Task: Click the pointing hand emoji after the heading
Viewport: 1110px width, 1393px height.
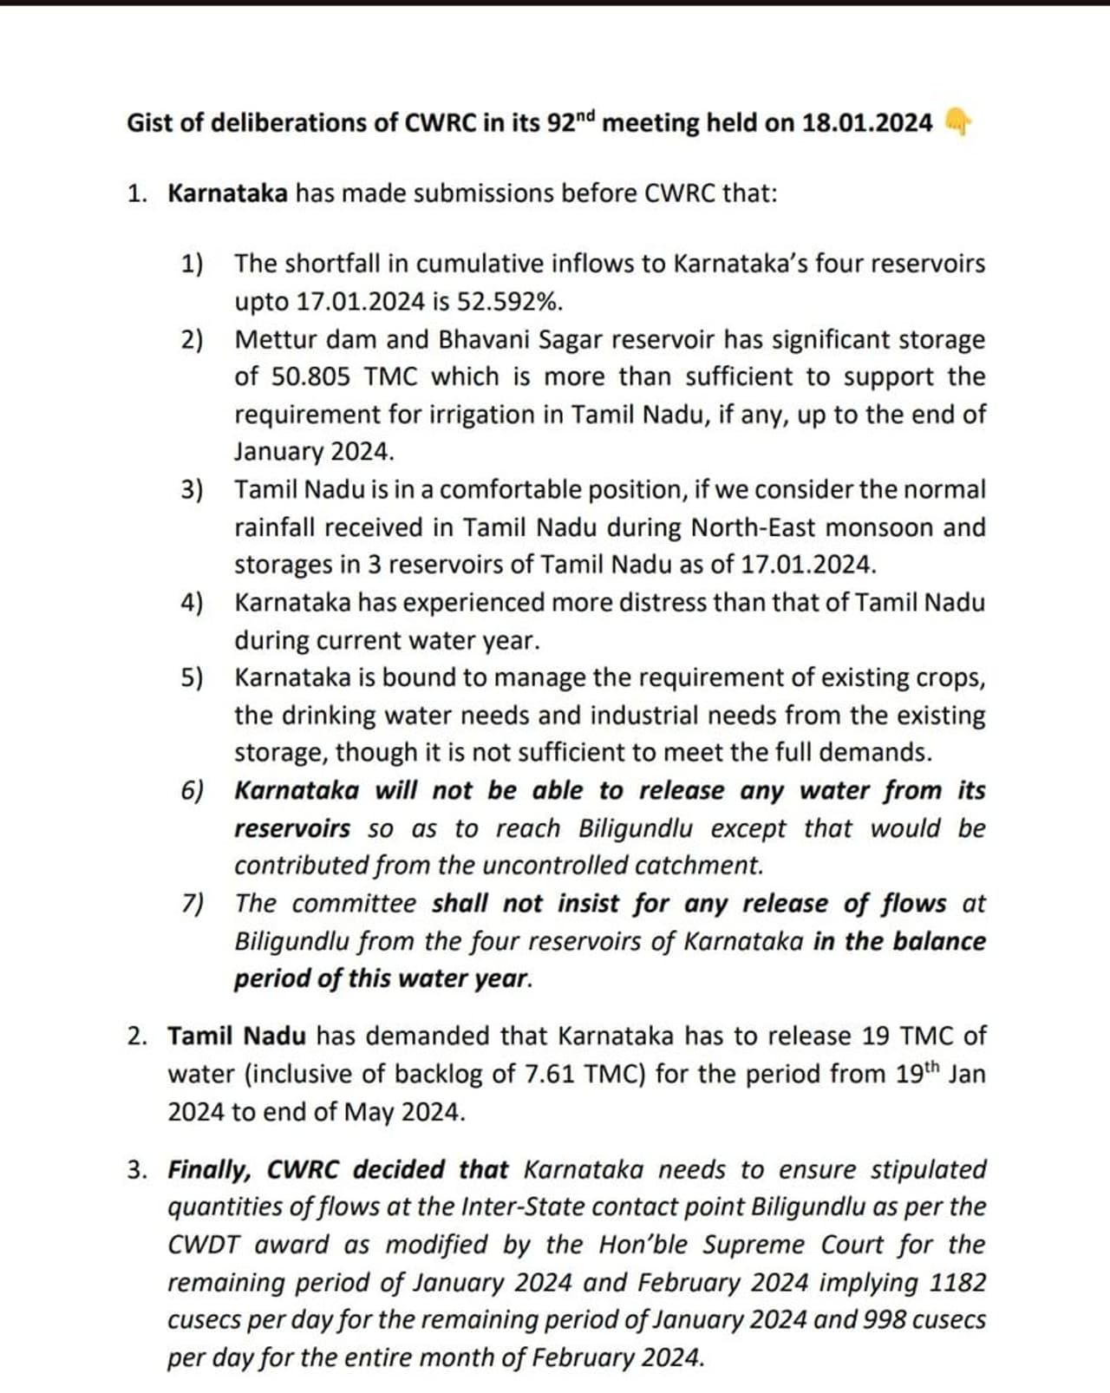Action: (x=956, y=123)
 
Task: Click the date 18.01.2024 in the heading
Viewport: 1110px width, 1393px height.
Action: (x=866, y=123)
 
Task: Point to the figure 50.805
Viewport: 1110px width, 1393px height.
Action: (x=310, y=377)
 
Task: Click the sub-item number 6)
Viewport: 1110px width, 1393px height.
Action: (x=192, y=791)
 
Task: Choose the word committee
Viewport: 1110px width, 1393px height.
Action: (x=354, y=904)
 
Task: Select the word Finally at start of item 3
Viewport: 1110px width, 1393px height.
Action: (x=209, y=1170)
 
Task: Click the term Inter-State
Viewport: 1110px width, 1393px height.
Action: (x=523, y=1207)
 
